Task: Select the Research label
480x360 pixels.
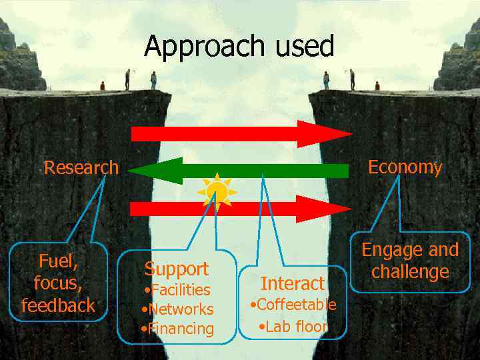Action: coord(81,167)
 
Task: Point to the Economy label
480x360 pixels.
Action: coord(405,167)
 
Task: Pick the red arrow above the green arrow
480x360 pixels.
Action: coord(240,134)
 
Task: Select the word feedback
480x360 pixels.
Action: coord(58,305)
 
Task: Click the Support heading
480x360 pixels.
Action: coord(177,269)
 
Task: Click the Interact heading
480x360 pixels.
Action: coord(292,283)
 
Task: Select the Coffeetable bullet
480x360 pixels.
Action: coord(293,305)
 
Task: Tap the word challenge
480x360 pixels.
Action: coord(410,272)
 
